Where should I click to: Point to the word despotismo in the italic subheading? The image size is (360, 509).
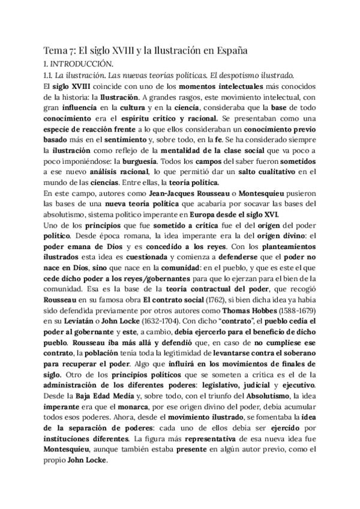tap(240, 76)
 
